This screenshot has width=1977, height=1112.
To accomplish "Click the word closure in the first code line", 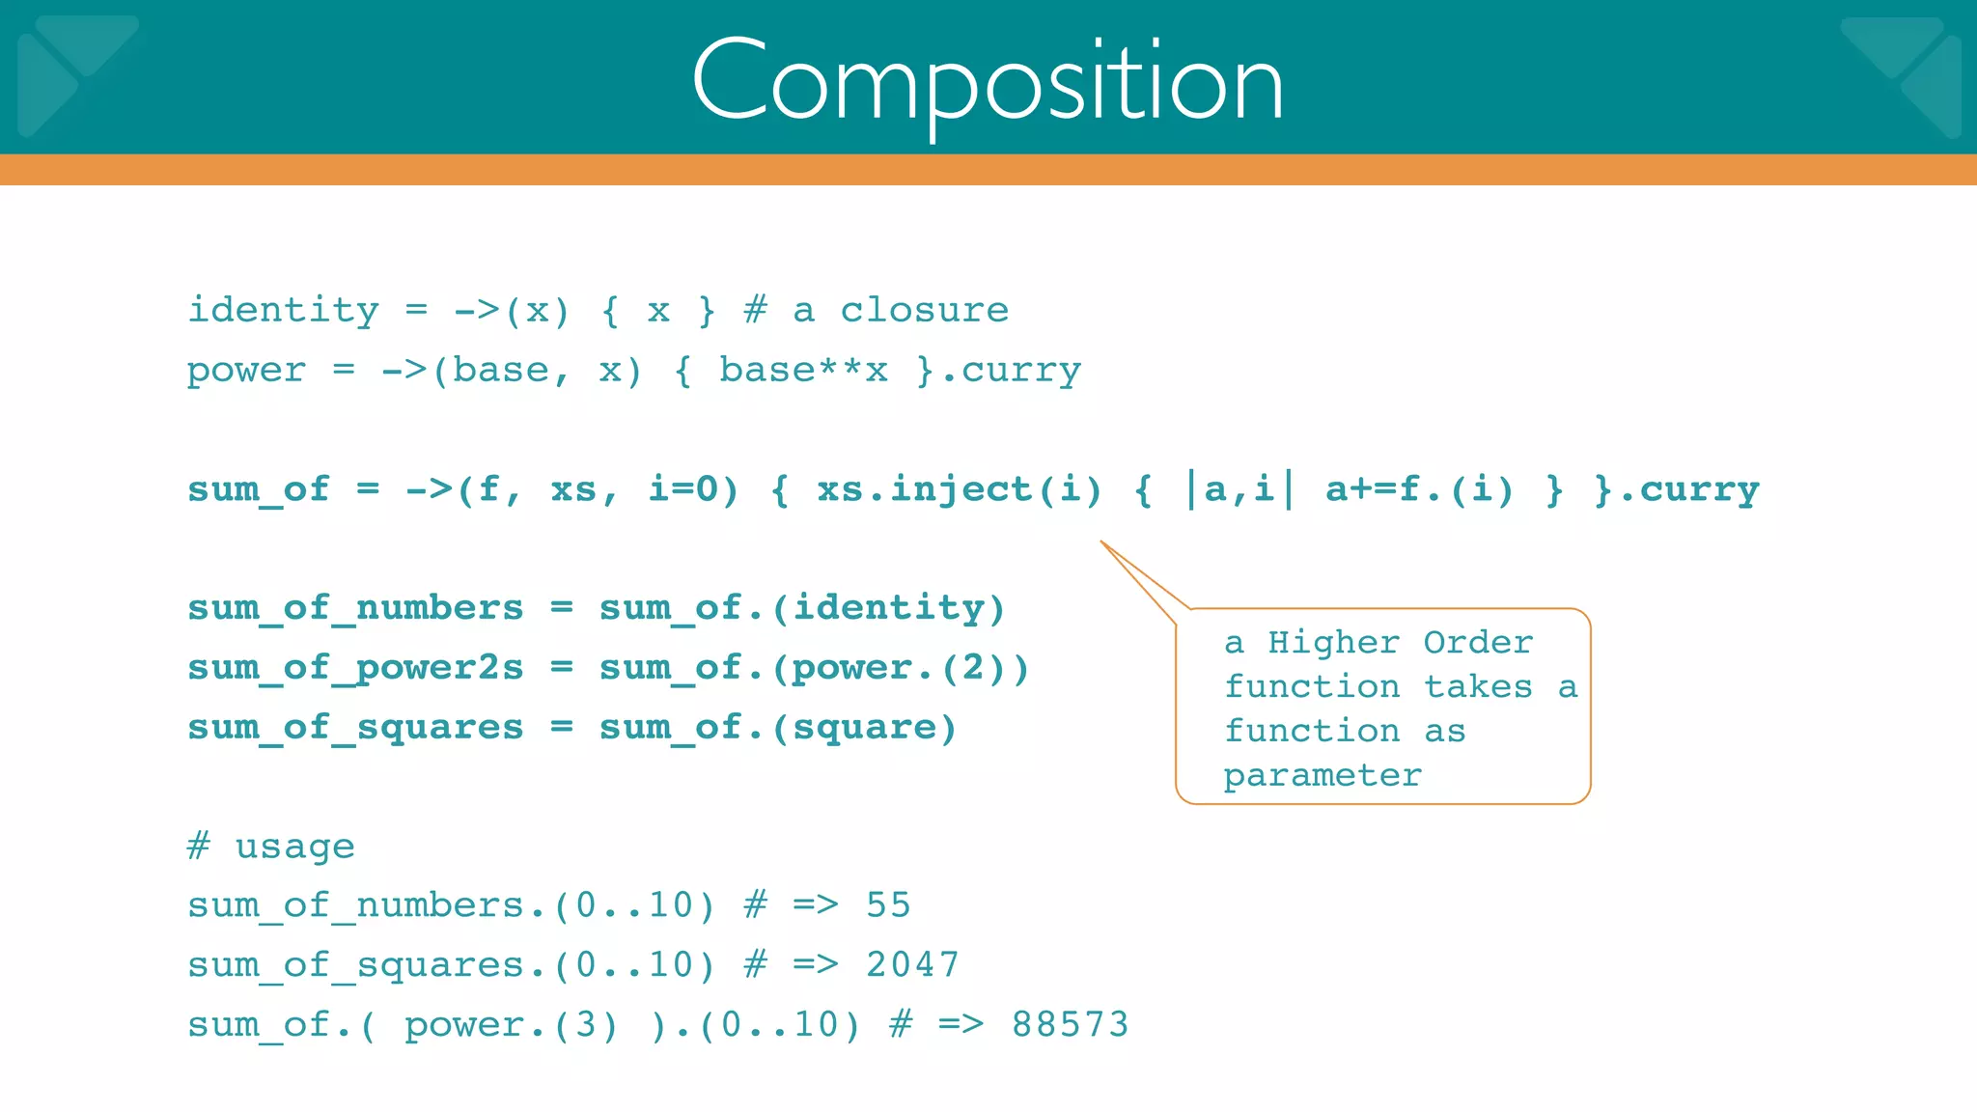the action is [924, 311].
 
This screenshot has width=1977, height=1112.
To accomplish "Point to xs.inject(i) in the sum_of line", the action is [959, 489].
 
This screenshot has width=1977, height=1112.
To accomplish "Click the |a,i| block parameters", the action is [1239, 489].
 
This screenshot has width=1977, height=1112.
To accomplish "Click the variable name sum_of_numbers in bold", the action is [355, 608].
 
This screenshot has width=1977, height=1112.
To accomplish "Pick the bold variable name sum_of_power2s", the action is [355, 668].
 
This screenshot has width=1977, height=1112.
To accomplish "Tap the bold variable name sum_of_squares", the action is [355, 728].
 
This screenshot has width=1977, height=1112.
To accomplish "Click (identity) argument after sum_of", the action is [887, 608].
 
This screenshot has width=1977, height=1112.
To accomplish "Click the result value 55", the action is [888, 905].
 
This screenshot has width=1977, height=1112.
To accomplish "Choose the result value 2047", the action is [912, 965].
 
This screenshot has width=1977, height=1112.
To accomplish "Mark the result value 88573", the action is [1070, 1025].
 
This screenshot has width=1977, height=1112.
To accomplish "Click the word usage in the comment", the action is [294, 848].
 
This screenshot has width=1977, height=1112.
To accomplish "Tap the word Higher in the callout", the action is [1333, 643].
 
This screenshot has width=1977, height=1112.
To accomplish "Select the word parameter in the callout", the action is [1323, 776].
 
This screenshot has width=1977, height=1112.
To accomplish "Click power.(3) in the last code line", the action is [511, 1025].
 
